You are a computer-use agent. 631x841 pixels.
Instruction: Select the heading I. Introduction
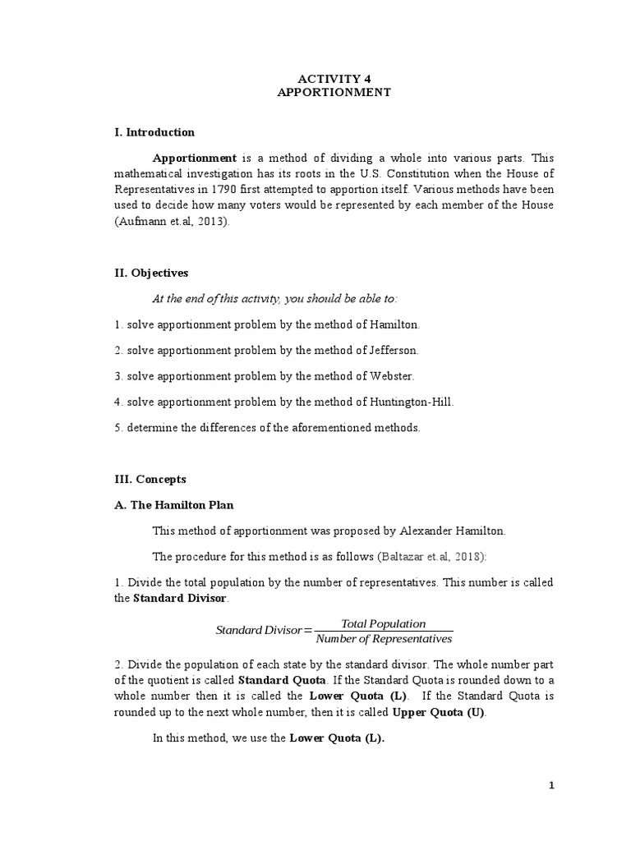(154, 132)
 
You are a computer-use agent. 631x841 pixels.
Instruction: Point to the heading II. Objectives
(151, 273)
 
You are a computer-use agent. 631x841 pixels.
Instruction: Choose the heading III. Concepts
(150, 479)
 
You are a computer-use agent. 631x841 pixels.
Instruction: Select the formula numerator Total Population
(383, 624)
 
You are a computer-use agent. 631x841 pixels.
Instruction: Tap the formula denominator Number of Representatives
(384, 639)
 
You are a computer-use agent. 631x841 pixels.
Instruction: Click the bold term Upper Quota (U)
(440, 712)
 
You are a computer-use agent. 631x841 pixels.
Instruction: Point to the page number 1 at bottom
(552, 786)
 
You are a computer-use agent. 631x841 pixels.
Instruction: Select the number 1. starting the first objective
(118, 324)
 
